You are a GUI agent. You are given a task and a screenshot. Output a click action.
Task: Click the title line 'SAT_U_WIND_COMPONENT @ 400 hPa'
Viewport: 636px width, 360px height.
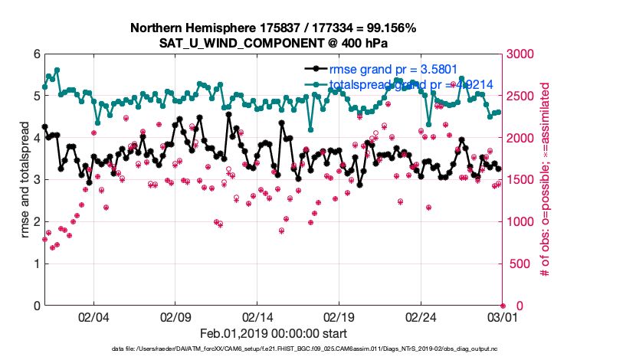click(273, 43)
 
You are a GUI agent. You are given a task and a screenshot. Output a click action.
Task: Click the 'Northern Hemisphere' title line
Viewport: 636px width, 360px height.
click(273, 28)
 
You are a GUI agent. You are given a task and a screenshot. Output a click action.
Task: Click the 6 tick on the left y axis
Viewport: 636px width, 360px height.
click(36, 54)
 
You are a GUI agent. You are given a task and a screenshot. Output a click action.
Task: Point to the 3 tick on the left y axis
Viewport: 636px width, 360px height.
click(36, 180)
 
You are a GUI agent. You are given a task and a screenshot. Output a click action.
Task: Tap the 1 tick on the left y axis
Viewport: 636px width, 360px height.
click(36, 263)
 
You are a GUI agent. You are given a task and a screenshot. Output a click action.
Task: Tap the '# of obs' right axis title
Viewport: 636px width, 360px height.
click(546, 180)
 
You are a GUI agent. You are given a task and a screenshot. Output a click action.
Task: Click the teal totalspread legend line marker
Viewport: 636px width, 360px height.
click(314, 83)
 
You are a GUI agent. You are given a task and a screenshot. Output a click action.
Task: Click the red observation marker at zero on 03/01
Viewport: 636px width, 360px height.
click(503, 306)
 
